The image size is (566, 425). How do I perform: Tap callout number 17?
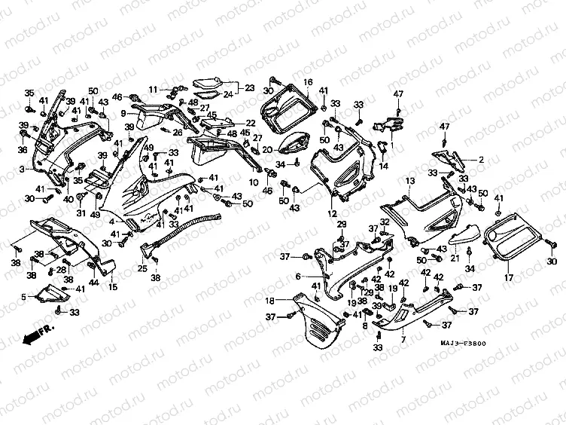pyautogui.click(x=507, y=277)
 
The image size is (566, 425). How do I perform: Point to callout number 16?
pyautogui.click(x=308, y=81)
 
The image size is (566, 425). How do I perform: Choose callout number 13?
pyautogui.click(x=409, y=182)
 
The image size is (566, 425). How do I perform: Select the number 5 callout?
pyautogui.click(x=23, y=297)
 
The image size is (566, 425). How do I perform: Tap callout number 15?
pyautogui.click(x=113, y=287)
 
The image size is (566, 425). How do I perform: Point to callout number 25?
pyautogui.click(x=141, y=268)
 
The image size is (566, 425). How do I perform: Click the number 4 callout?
pyautogui.click(x=111, y=222)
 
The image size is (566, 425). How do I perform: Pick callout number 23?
pyautogui.click(x=250, y=88)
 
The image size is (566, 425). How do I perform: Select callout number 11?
pyautogui.click(x=152, y=89)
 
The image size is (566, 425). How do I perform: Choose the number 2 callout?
pyautogui.click(x=481, y=159)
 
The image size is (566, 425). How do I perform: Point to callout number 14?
pyautogui.click(x=383, y=166)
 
